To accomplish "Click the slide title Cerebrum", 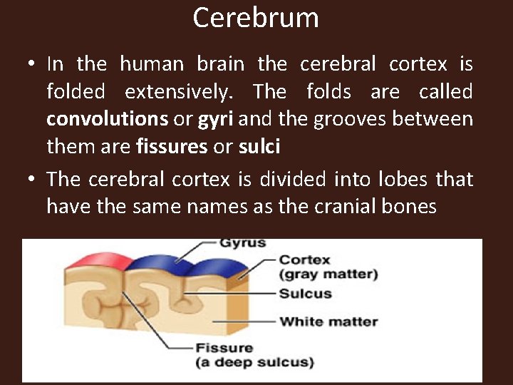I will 256,18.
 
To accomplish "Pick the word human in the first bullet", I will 151,64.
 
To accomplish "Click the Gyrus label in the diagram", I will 242,243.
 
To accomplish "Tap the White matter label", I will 328,322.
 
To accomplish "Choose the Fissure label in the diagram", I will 224,348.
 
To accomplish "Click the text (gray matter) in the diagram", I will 328,274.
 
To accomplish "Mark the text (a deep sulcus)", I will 255,362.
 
